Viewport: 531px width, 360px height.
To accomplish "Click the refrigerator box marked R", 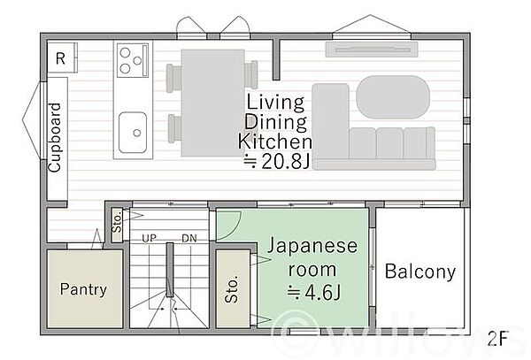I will (60, 59).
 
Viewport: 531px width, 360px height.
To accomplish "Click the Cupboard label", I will (56, 137).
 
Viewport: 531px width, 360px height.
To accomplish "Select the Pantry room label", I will (83, 289).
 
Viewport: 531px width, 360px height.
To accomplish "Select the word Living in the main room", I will (275, 102).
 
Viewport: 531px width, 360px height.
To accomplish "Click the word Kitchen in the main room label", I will (275, 141).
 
